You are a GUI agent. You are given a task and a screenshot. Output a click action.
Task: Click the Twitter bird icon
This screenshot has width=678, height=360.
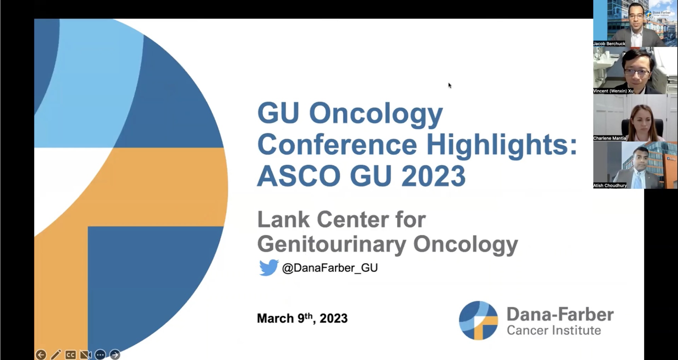pyautogui.click(x=269, y=268)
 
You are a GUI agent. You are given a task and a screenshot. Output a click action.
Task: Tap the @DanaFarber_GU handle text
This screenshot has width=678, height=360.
pyautogui.click(x=330, y=268)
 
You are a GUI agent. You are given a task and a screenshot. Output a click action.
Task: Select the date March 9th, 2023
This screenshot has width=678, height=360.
pyautogui.click(x=302, y=318)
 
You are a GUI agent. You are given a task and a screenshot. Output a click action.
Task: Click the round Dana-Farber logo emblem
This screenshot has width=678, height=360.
pyautogui.click(x=478, y=320)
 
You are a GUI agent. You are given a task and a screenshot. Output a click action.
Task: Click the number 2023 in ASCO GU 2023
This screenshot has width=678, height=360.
pyautogui.click(x=433, y=176)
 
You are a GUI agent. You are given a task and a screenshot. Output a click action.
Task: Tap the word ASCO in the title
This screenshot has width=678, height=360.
pyautogui.click(x=299, y=176)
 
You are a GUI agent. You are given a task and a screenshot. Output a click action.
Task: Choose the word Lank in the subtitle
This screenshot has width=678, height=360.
pyautogui.click(x=284, y=219)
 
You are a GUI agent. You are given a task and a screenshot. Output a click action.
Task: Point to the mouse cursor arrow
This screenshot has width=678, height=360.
pyautogui.click(x=450, y=85)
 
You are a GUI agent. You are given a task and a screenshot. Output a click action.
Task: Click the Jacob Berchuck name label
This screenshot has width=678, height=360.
pyautogui.click(x=609, y=43)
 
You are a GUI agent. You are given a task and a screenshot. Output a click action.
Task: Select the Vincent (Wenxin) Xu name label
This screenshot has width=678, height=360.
pyautogui.click(x=613, y=91)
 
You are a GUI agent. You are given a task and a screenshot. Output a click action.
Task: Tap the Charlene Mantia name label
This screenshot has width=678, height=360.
pyautogui.click(x=609, y=138)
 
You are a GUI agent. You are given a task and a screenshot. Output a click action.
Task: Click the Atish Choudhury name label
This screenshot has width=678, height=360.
pyautogui.click(x=610, y=185)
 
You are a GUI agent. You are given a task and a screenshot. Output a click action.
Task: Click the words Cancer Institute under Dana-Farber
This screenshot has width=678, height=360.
pyautogui.click(x=554, y=330)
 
